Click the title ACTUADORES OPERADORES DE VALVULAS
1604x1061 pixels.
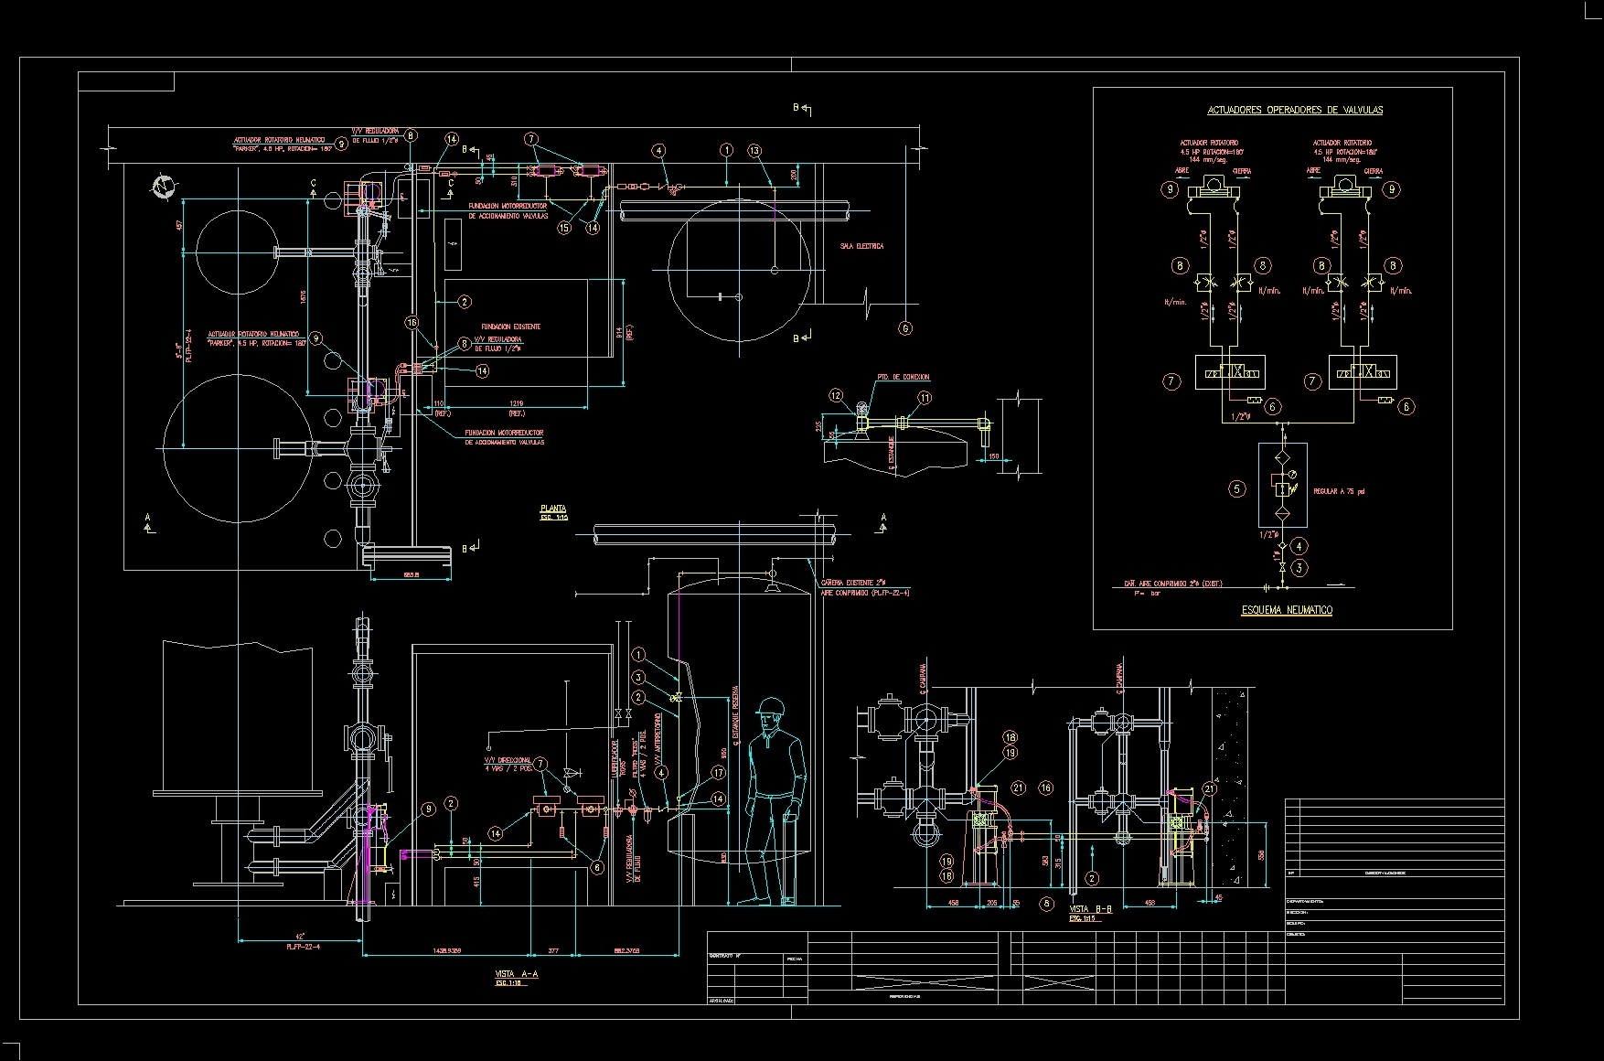(1295, 110)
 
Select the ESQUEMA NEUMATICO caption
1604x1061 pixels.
(1286, 610)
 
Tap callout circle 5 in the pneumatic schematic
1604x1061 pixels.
(1236, 488)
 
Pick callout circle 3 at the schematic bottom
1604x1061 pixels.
(1300, 568)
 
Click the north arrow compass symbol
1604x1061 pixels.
(165, 187)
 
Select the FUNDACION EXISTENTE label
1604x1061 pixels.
(510, 327)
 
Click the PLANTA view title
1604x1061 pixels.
(553, 509)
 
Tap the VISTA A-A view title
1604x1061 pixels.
(516, 975)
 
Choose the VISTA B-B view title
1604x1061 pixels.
(1090, 909)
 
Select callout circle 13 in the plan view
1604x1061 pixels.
(754, 151)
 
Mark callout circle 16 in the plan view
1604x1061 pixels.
(412, 322)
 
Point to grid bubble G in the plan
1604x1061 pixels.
(905, 328)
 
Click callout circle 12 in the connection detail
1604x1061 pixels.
(836, 396)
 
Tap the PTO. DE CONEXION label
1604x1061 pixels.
(903, 377)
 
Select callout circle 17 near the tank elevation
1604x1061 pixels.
(718, 773)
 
